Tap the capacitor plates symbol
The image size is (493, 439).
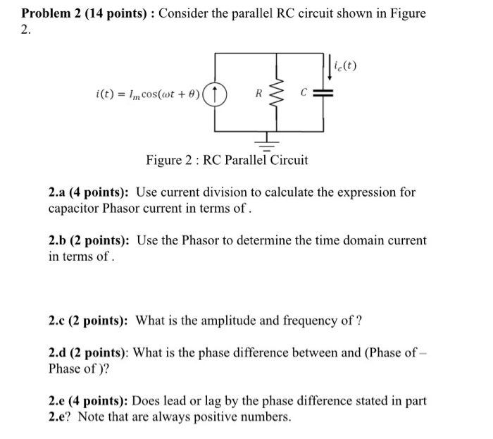tap(325, 93)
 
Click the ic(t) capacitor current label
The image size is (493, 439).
tap(346, 68)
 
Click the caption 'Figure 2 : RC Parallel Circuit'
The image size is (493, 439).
tap(227, 160)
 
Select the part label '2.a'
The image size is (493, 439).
tap(58, 192)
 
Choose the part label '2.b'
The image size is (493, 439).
tap(58, 240)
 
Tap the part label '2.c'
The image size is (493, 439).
tap(58, 321)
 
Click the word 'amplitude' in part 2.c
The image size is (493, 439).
tap(224, 321)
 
